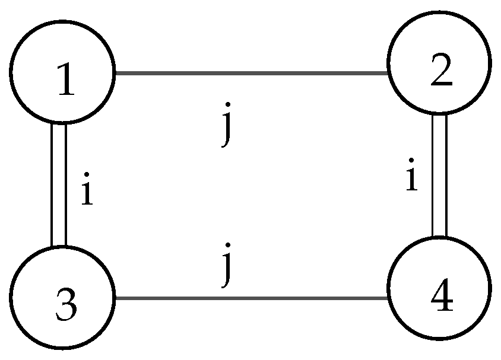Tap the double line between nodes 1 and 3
58,184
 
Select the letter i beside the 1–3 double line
87,192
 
